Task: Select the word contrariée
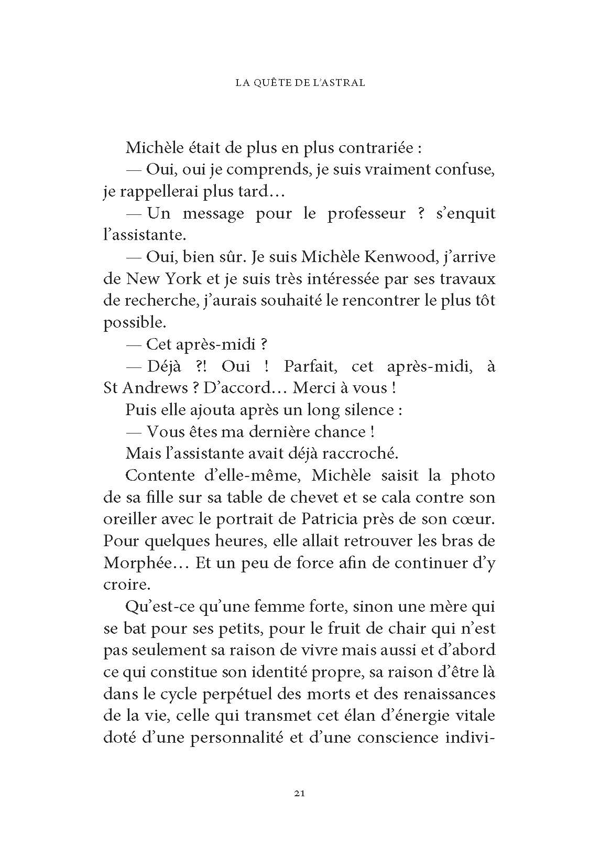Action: click(x=374, y=148)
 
